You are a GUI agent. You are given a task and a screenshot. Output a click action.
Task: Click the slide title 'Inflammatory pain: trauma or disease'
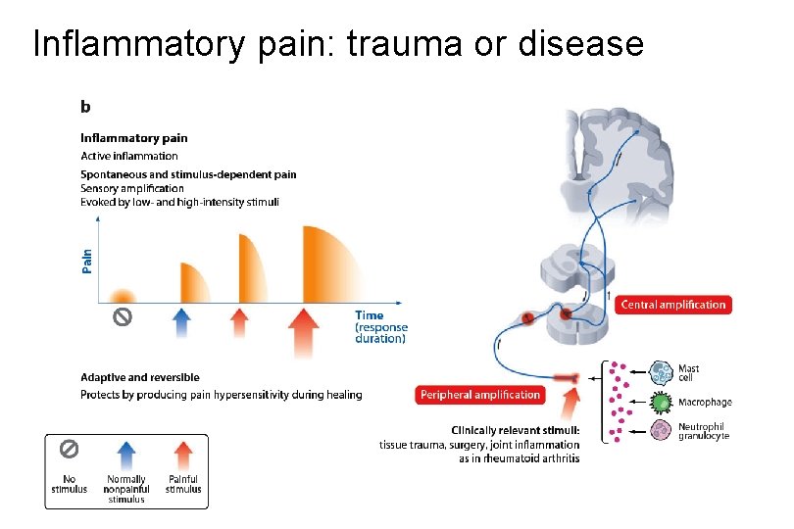(x=338, y=44)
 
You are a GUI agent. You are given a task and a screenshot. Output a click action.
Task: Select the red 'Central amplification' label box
(x=674, y=305)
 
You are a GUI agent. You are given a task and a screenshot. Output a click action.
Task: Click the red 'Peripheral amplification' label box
(x=480, y=395)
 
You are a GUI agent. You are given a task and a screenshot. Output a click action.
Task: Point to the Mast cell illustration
(x=663, y=373)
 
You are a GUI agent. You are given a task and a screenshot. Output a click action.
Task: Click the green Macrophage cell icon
(x=663, y=403)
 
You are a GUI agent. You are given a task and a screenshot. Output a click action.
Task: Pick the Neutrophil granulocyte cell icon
(x=663, y=430)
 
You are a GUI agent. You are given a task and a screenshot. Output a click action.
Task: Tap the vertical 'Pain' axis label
(x=87, y=260)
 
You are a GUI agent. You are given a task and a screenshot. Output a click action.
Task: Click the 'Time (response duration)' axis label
(x=380, y=327)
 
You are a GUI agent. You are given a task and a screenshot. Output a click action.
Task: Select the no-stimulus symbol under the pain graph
(x=122, y=316)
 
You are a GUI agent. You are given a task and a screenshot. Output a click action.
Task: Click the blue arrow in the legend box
(x=126, y=458)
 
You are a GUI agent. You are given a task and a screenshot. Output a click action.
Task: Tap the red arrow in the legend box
(x=182, y=458)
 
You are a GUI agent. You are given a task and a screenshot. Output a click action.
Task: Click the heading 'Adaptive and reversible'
(x=139, y=377)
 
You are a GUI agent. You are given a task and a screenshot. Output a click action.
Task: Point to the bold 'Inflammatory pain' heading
(x=133, y=138)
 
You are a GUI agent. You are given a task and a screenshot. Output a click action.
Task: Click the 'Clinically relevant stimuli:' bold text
(x=516, y=430)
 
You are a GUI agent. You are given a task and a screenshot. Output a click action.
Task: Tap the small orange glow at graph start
(x=122, y=295)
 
